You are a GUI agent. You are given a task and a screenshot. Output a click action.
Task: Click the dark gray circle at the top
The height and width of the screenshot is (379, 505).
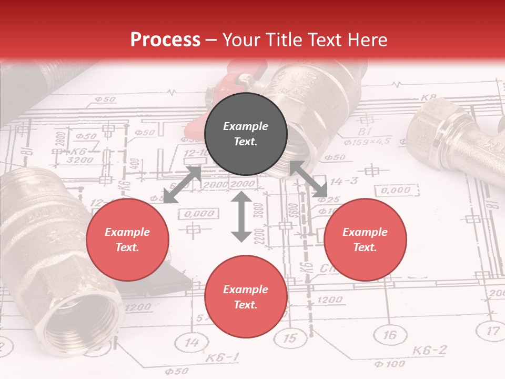pos(246,134)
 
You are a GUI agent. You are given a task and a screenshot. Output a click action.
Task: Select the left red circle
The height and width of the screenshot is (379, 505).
pos(127,240)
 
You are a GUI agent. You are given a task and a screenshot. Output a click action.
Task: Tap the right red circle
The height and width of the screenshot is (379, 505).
pos(365,240)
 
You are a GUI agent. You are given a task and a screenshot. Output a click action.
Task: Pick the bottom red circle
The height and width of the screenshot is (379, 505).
pos(246,297)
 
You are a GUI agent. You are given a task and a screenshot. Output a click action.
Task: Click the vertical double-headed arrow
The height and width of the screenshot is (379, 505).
pos(241,216)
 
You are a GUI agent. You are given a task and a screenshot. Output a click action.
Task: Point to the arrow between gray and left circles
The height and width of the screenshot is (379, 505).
pos(183,185)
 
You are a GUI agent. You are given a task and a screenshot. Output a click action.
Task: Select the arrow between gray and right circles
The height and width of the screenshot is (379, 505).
pos(308,179)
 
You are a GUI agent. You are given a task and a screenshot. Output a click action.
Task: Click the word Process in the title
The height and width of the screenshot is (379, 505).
pos(165,40)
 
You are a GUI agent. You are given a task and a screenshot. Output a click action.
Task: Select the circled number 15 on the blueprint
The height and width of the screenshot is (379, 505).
pos(290,338)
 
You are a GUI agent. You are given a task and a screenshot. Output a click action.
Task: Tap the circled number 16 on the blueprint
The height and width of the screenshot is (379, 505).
pos(389,335)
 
